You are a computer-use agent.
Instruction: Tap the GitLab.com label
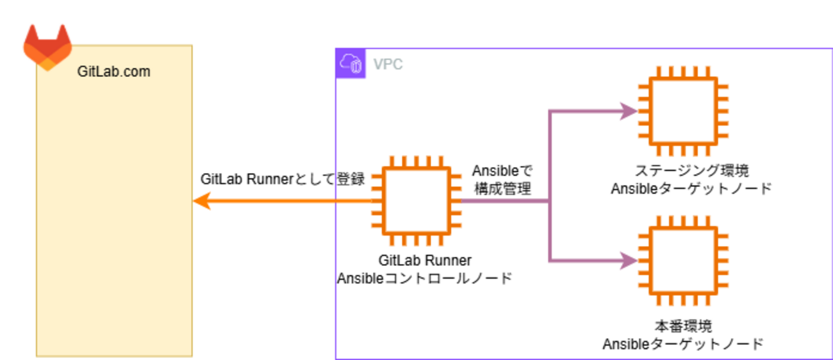[x=113, y=71]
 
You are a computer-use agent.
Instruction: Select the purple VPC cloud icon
[x=351, y=63]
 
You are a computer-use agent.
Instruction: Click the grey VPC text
[x=388, y=64]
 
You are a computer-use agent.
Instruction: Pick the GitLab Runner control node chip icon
[x=416, y=201]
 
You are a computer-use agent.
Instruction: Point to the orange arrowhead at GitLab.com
[x=201, y=201]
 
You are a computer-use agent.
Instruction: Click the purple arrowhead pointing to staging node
[x=630, y=111]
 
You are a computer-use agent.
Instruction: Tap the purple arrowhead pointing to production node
[x=630, y=260]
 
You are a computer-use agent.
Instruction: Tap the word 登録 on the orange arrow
[x=351, y=179]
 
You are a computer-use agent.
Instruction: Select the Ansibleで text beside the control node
[x=502, y=171]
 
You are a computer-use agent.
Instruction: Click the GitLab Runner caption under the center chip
[x=425, y=261]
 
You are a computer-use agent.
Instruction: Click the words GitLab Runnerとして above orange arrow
[x=268, y=179]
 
